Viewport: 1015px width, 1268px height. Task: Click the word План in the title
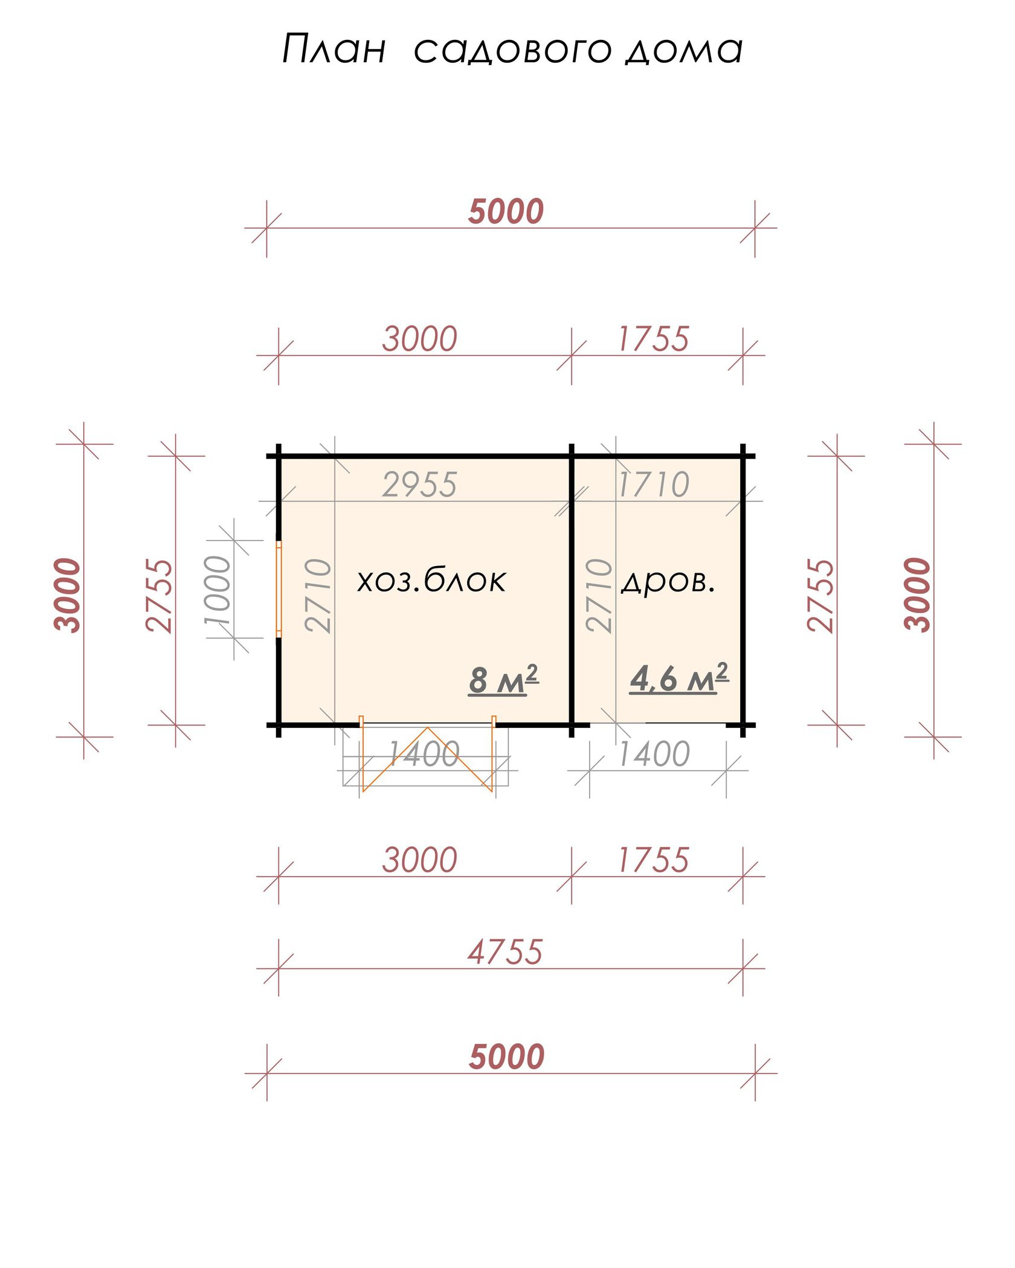coord(334,49)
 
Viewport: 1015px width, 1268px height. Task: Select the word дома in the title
coord(684,50)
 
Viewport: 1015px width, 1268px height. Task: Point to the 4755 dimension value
coord(505,953)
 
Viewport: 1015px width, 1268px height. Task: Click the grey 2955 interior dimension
coord(420,484)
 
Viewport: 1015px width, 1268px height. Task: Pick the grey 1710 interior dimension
coord(654,484)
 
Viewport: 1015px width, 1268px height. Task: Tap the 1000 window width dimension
coord(218,590)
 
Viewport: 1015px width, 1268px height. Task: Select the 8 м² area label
coord(503,680)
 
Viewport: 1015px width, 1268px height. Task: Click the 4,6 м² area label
coord(679,678)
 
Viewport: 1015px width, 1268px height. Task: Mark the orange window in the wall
coord(279,589)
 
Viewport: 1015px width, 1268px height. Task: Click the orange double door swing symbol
coord(427,755)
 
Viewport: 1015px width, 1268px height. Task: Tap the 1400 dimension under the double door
coord(424,754)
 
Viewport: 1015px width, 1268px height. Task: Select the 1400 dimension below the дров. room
coord(654,754)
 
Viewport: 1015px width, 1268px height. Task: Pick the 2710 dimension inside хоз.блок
coord(318,596)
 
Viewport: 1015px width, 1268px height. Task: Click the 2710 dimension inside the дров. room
coord(599,596)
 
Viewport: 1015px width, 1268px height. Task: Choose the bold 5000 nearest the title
coord(506,211)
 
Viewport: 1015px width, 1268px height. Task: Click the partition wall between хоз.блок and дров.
coord(572,590)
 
